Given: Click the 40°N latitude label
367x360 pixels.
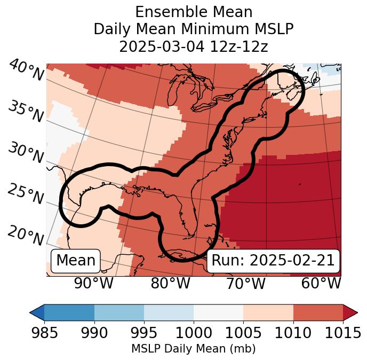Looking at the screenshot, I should coord(26,71).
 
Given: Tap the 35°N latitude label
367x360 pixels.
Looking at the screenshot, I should coord(26,112).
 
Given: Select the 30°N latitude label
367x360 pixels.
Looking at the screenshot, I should coord(26,153).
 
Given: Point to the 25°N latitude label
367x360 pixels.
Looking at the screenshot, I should coord(26,194).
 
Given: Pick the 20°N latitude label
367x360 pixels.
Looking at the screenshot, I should coord(26,235).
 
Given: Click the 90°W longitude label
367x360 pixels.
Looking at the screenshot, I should coord(93,283).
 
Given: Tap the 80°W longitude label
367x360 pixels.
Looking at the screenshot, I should coord(170,283).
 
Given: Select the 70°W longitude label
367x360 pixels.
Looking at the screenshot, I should coord(246,283).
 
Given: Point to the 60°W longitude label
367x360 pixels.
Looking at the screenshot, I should coord(321,283).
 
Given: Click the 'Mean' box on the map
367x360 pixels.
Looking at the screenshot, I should coord(76,261).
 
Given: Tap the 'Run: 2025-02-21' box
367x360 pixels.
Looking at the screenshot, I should coord(273,261).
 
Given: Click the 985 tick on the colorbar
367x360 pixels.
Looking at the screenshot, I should coord(44,333).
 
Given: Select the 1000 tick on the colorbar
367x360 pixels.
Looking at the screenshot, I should coord(194,333).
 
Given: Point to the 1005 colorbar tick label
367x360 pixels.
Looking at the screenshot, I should coord(243,333).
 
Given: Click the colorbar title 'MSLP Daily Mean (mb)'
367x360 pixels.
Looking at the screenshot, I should coord(194,349).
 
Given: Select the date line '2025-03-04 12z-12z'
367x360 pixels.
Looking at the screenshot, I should coord(194,46).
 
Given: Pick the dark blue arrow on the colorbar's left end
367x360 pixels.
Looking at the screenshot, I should coord(37,312).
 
